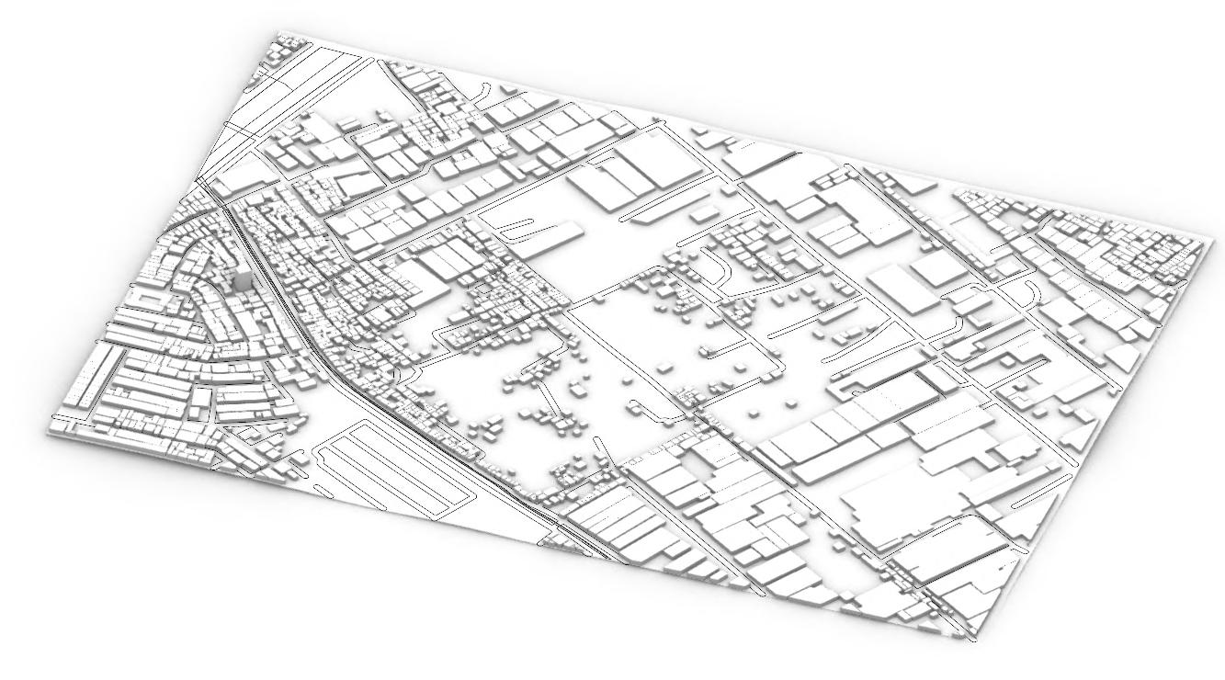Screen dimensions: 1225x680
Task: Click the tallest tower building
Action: [241, 279]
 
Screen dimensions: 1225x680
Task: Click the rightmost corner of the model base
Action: [1204, 236]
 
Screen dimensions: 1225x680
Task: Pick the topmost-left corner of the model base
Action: [277, 33]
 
